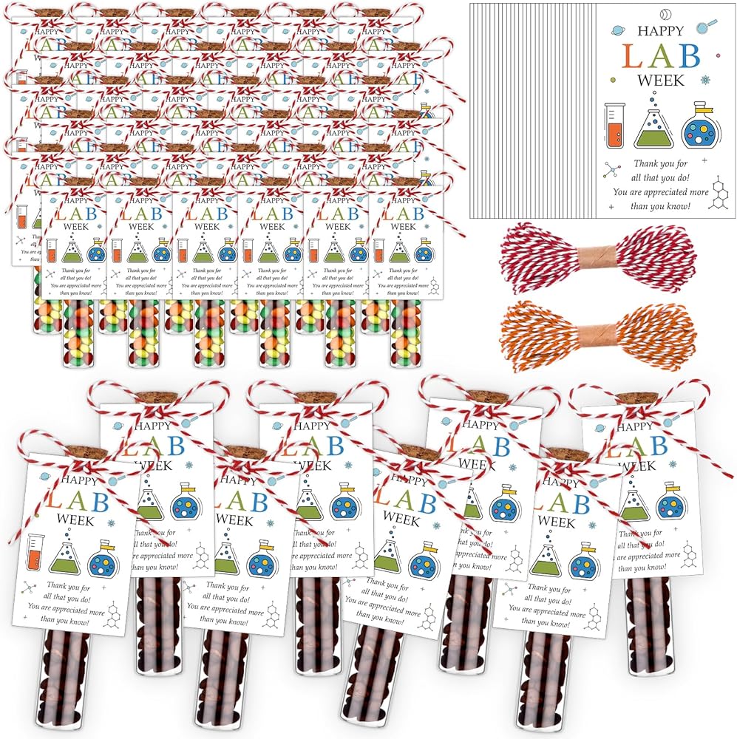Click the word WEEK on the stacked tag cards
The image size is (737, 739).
(x=662, y=80)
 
